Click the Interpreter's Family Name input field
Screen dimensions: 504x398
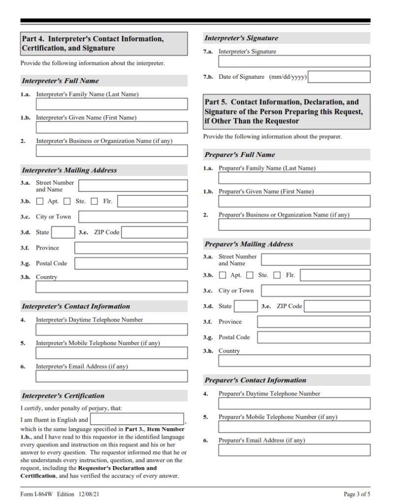click(112, 104)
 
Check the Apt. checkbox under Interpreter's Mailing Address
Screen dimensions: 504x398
click(40, 201)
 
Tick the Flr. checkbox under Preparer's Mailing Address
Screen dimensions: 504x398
click(277, 275)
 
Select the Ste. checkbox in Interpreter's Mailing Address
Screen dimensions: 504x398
click(67, 201)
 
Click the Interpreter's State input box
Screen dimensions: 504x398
click(63, 232)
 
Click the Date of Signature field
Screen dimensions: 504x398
click(339, 77)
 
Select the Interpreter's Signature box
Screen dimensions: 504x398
click(294, 62)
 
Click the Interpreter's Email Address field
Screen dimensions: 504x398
click(112, 377)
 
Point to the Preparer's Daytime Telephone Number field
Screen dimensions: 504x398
click(294, 404)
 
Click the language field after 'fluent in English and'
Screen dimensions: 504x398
click(137, 419)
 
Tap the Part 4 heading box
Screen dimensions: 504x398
click(104, 43)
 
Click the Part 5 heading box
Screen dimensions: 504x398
click(286, 111)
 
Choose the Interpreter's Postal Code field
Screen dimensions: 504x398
click(131, 263)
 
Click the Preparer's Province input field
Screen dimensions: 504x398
click(313, 322)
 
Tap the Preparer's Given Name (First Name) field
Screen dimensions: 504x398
click(294, 201)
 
